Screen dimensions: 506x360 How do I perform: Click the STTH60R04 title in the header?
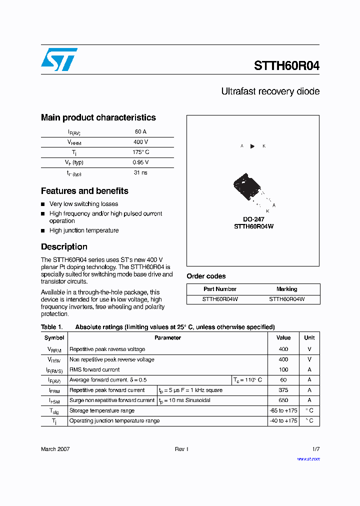coord(286,66)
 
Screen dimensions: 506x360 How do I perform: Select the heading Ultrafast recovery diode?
coord(270,91)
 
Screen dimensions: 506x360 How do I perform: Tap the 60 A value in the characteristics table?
coord(140,132)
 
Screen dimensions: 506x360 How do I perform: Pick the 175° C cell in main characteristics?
coord(140,152)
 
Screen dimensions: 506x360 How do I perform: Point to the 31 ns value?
coord(140,172)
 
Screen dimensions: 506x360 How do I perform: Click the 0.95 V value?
coord(140,162)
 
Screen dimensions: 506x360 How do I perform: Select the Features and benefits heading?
coord(84,191)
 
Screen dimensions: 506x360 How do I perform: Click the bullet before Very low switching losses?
coord(43,204)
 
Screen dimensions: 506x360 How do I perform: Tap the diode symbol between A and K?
coord(252,146)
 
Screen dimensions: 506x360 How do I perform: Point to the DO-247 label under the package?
coord(253,219)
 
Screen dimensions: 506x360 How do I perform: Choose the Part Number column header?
coord(220,289)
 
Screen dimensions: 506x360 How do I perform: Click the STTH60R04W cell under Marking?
coord(286,299)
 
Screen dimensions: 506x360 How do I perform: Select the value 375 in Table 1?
coord(283,390)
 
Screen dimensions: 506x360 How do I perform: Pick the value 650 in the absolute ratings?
coord(283,400)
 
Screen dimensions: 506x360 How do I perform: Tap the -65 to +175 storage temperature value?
coord(283,410)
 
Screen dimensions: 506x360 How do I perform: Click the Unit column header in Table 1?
coord(309,337)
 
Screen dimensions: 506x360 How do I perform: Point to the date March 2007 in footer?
coord(55,449)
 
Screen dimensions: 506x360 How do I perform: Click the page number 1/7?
coord(315,449)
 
